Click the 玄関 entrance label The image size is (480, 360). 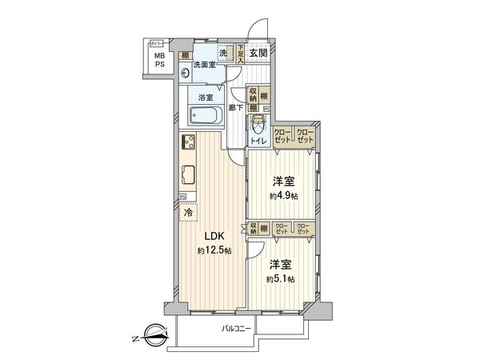click(x=258, y=54)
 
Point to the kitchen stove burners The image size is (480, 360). click(x=191, y=144)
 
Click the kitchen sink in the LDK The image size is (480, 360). click(x=189, y=174)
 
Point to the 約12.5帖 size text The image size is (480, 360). click(x=214, y=251)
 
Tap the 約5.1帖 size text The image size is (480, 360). click(x=280, y=278)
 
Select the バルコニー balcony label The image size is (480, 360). click(x=236, y=329)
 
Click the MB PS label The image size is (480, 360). click(x=160, y=61)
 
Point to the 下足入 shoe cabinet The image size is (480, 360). click(x=239, y=54)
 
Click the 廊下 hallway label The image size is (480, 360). click(x=235, y=106)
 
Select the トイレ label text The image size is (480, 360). click(x=258, y=142)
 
